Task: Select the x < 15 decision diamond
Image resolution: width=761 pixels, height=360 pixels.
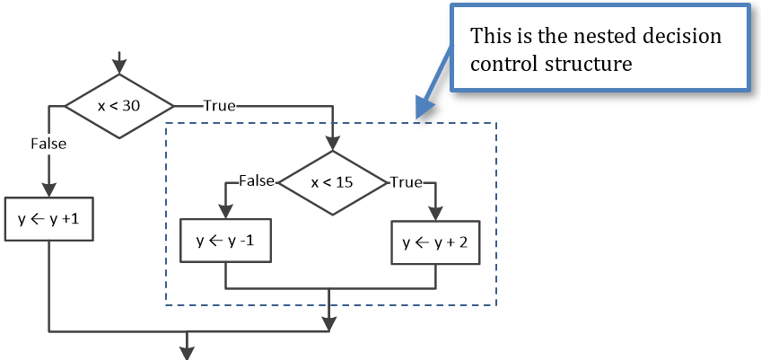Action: pyautogui.click(x=331, y=182)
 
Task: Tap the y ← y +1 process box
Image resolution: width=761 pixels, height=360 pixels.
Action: pyautogui.click(x=49, y=219)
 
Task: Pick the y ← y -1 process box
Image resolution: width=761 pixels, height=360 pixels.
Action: pyautogui.click(x=225, y=241)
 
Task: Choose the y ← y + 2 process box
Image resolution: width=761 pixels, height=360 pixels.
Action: pyautogui.click(x=435, y=241)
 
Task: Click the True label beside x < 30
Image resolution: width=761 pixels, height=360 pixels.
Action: pyautogui.click(x=219, y=106)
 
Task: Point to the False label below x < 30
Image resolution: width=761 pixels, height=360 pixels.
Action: pyautogui.click(x=48, y=143)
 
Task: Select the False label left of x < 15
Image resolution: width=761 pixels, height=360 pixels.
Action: pyautogui.click(x=257, y=181)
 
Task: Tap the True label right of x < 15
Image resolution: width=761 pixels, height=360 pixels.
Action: pyautogui.click(x=406, y=182)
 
